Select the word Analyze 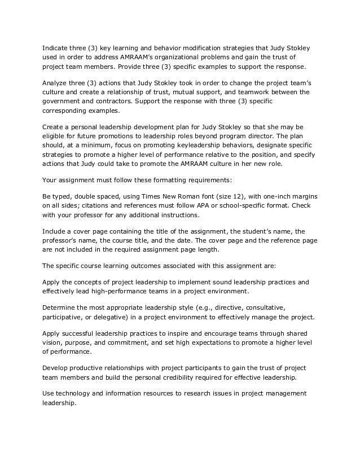(x=56, y=82)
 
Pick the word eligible (x=55, y=136)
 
